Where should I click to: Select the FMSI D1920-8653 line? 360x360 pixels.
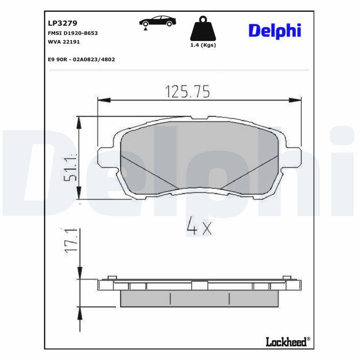[x=72, y=33]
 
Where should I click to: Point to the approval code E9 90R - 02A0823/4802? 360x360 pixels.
[x=81, y=59]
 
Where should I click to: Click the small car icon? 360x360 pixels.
[x=157, y=22]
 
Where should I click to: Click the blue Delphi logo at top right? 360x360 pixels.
[x=274, y=31]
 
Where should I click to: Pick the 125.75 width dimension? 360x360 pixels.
[x=188, y=91]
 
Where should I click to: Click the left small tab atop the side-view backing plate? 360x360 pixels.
[x=112, y=277]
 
